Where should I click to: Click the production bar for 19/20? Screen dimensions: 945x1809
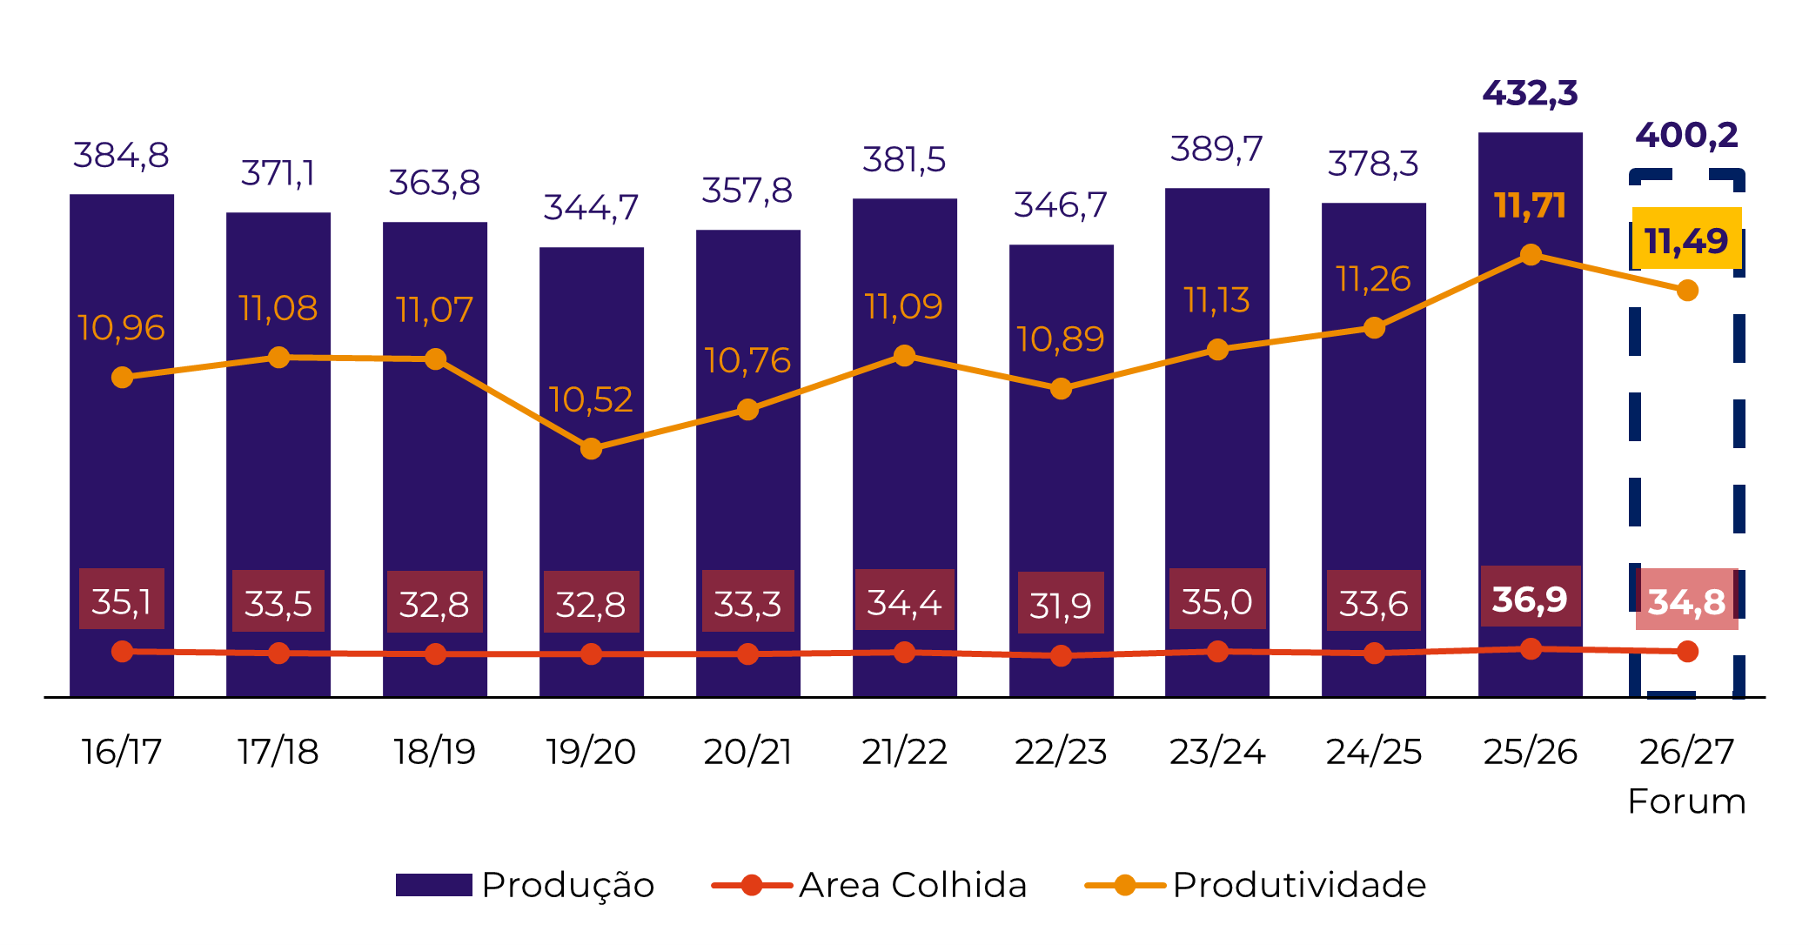point(592,522)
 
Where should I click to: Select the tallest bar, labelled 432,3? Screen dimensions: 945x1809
point(1530,435)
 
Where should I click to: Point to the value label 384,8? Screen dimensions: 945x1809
point(121,156)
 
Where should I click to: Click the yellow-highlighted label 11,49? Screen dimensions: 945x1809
point(1686,239)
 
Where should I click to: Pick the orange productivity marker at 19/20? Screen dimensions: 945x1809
point(592,449)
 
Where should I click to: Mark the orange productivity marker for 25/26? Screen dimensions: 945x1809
point(1531,255)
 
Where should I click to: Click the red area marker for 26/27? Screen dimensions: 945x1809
point(1687,651)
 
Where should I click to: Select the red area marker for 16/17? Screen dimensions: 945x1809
point(123,651)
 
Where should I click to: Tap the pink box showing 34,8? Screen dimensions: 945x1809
point(1686,600)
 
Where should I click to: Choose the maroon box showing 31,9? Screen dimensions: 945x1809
point(1061,603)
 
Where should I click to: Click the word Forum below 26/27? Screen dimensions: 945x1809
point(1686,801)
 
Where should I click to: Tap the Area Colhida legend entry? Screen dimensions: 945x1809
point(870,885)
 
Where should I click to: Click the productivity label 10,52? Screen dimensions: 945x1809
point(591,399)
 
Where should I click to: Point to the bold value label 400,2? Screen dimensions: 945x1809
point(1686,135)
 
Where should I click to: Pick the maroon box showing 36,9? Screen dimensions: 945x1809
point(1530,598)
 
